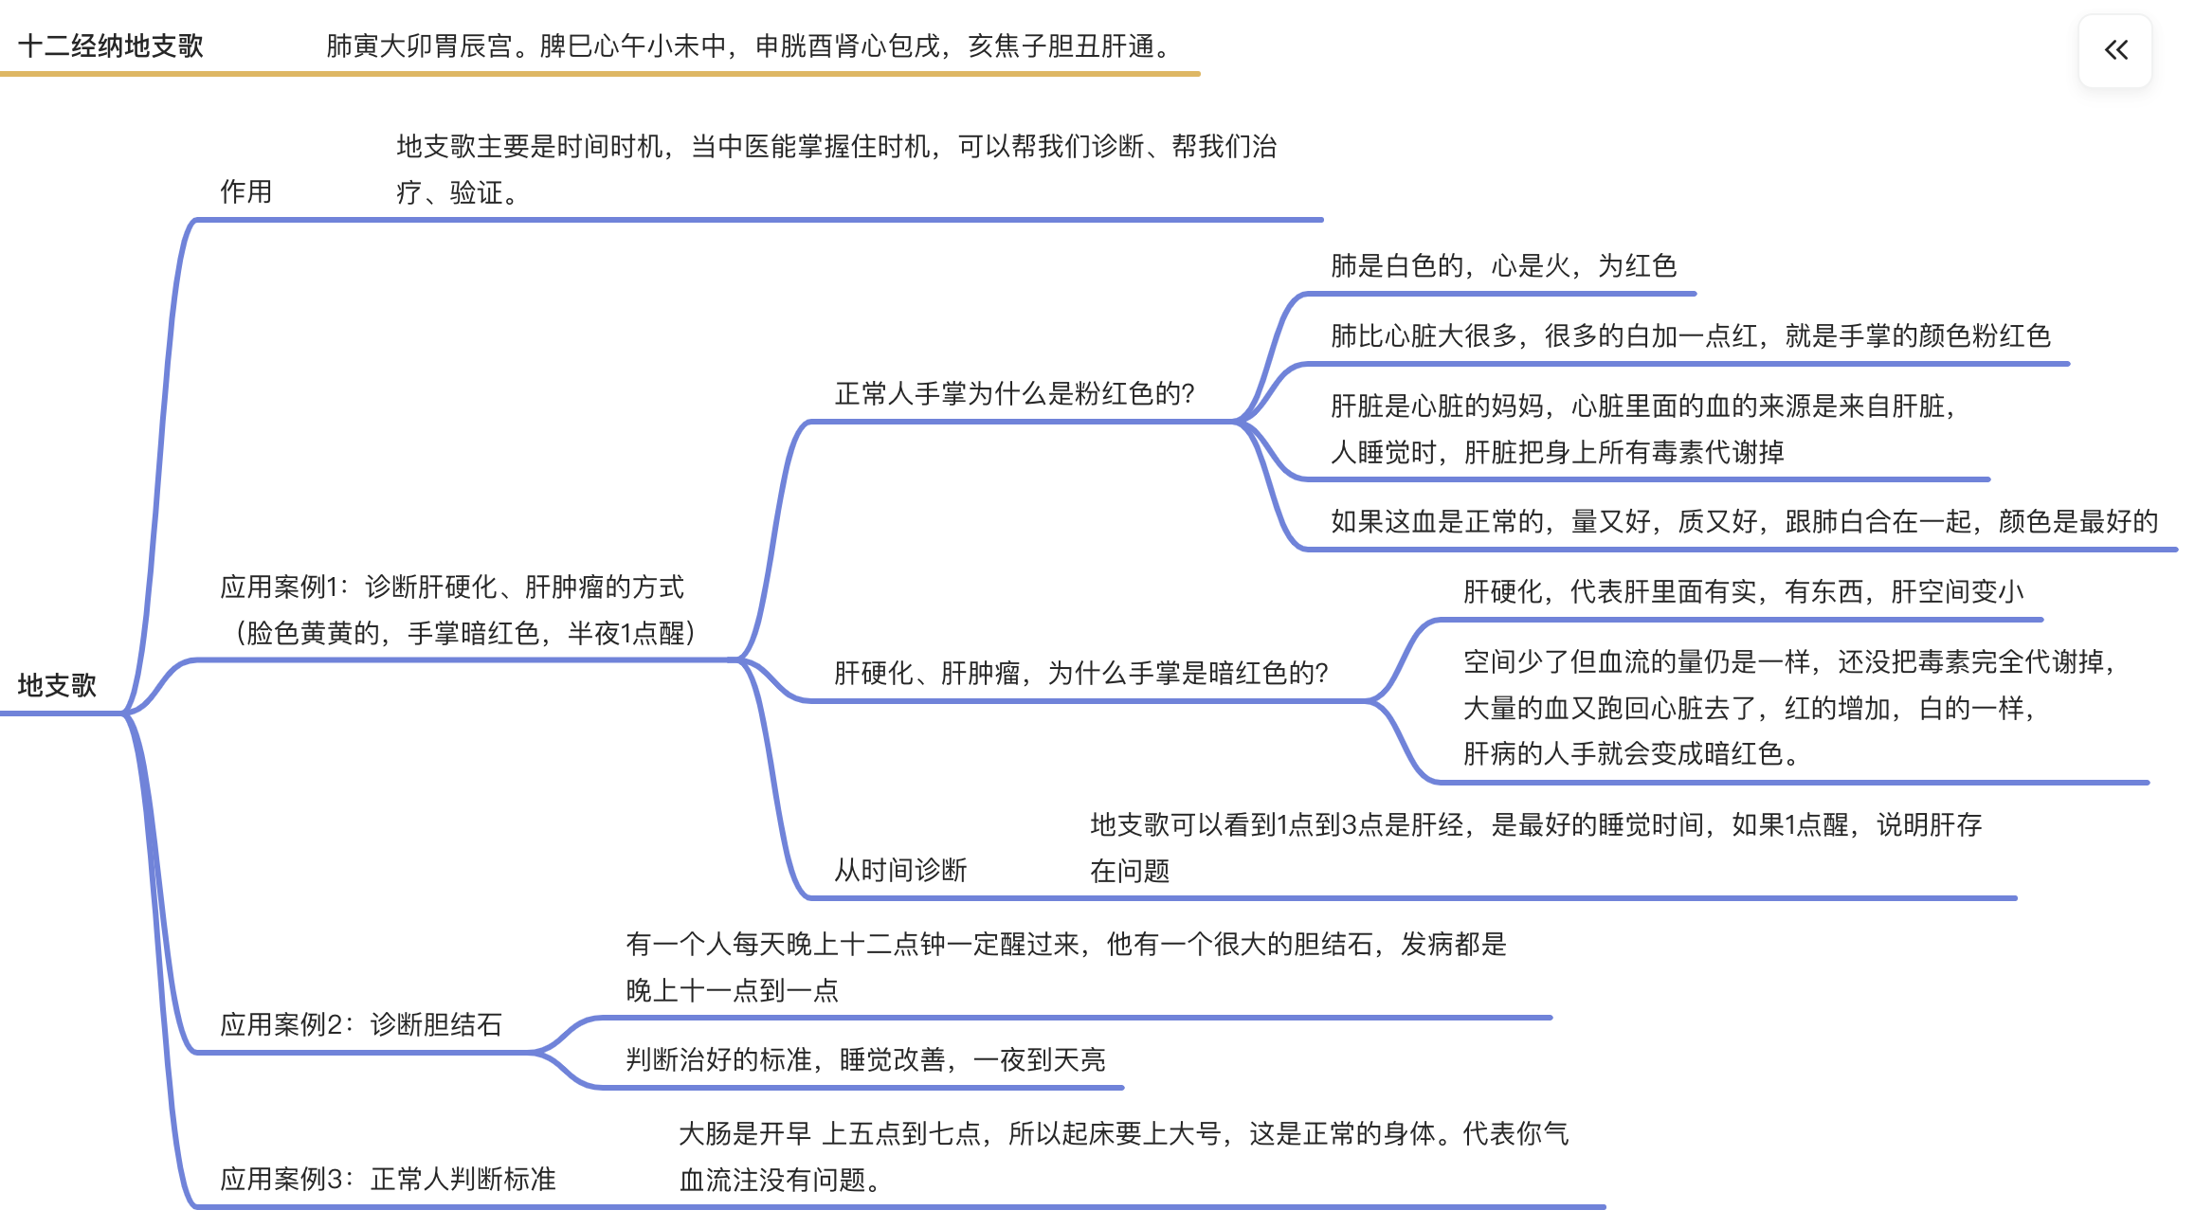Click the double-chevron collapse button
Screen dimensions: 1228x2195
[x=2114, y=50]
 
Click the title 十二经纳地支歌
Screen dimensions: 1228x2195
[x=110, y=45]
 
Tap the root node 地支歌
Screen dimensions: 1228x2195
[x=57, y=685]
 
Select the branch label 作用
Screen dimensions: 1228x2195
[x=245, y=191]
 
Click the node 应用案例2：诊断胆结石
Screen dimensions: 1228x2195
[x=360, y=1024]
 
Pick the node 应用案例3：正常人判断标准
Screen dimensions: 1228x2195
[x=388, y=1179]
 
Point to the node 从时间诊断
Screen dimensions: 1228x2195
[x=899, y=870]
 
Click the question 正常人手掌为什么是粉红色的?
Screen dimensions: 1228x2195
[x=1014, y=393]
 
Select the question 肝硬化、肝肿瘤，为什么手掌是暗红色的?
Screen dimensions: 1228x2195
[x=1080, y=673]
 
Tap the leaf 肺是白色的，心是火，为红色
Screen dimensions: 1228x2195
[x=1503, y=265]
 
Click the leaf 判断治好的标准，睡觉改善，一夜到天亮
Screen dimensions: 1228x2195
[x=865, y=1059]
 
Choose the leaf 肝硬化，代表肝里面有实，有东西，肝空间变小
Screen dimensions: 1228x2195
[x=1743, y=591]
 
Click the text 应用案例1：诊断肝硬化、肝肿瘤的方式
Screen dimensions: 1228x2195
[x=451, y=587]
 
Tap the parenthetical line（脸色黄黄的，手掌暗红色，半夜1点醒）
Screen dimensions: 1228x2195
[x=464, y=633]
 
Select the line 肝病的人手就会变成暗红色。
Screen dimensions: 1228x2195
[x=1630, y=753]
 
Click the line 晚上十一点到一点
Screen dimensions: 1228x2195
[x=732, y=990]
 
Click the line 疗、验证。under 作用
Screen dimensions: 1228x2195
[x=457, y=192]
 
